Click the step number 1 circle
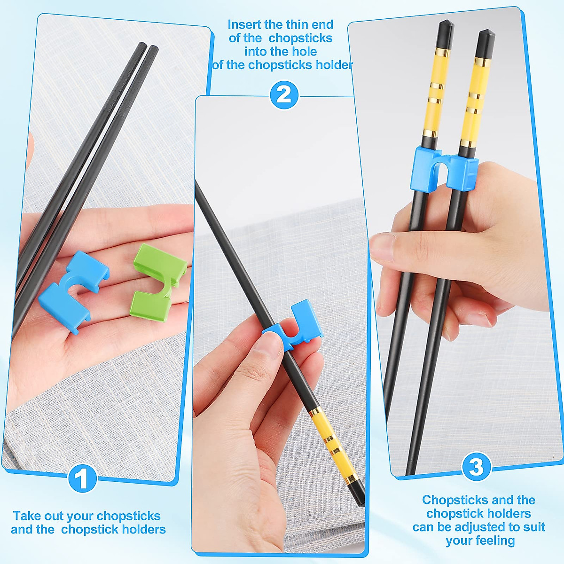coord(83,479)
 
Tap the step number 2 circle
coord(283,95)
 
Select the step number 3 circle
coord(476,467)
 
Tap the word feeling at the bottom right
coord(493,541)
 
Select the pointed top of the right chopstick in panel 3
coord(486,35)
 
